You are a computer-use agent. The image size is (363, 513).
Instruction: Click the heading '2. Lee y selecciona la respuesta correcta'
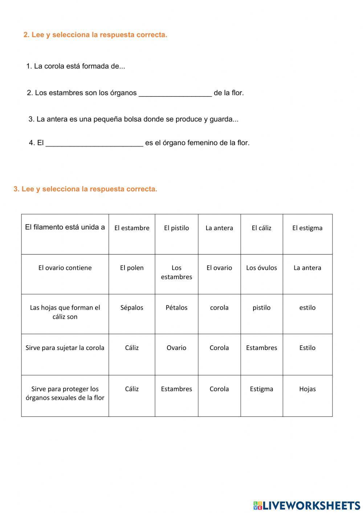click(95, 35)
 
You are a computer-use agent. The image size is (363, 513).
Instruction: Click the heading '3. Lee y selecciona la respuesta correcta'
click(85, 189)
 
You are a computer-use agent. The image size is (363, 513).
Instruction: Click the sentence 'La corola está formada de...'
click(76, 66)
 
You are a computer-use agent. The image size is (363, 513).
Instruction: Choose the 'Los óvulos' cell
click(261, 268)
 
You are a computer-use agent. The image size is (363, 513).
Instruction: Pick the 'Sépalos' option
click(132, 308)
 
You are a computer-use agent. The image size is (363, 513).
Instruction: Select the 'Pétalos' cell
click(176, 308)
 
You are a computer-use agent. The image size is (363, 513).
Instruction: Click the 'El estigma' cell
click(307, 228)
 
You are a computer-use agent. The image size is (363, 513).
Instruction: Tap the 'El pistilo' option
click(176, 228)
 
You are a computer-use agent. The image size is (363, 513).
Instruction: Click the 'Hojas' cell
click(307, 389)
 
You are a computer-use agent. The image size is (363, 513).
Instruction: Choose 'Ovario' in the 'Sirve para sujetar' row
click(176, 348)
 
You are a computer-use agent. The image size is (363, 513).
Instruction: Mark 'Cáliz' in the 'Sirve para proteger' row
click(132, 389)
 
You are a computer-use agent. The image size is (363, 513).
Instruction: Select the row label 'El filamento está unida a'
click(65, 227)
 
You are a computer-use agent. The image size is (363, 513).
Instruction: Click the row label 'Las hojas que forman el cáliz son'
click(65, 312)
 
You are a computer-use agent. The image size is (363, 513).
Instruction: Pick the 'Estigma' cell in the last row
click(261, 389)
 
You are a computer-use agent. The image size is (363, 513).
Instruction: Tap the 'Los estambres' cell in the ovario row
click(176, 272)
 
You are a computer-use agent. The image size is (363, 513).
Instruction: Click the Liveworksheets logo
click(306, 505)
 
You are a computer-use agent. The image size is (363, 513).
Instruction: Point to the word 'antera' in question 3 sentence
click(57, 119)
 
